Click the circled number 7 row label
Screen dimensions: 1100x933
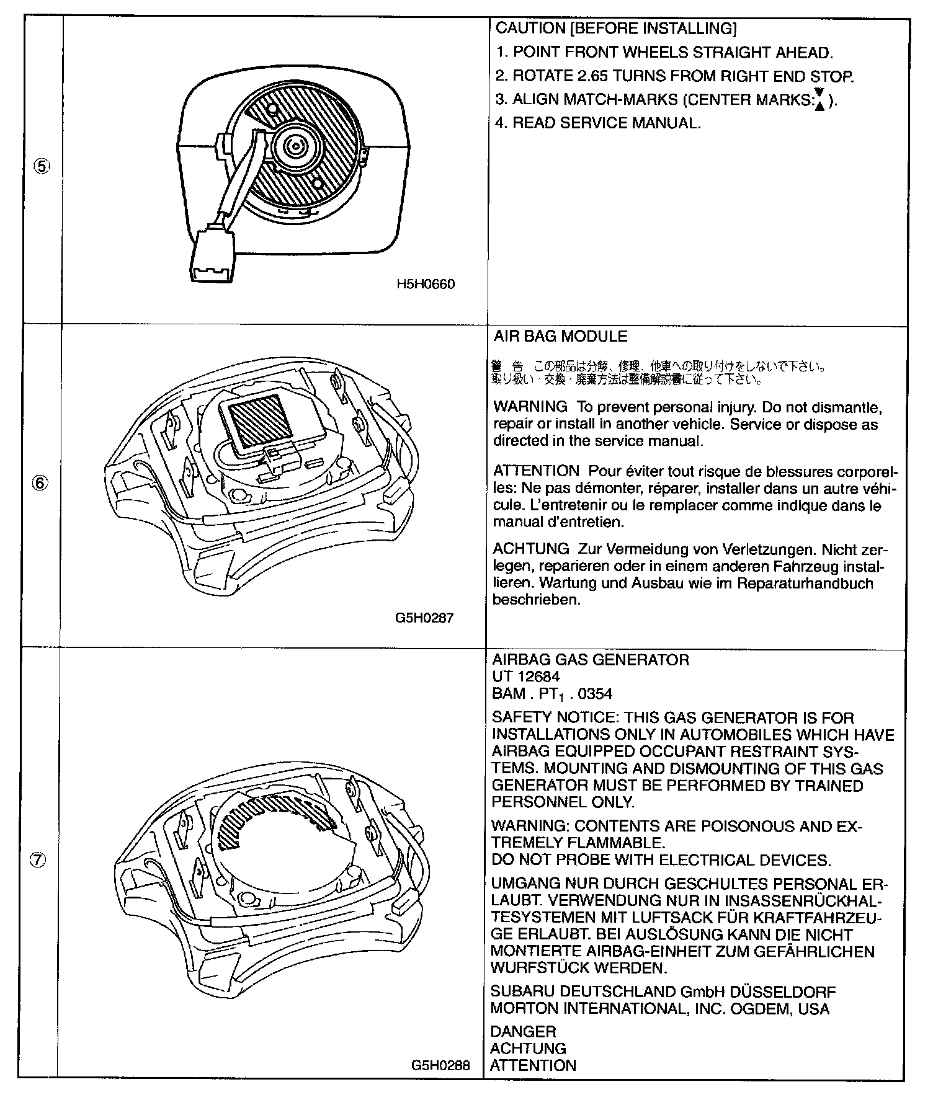[38, 859]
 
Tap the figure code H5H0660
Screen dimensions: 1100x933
[426, 285]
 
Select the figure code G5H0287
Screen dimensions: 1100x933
[424, 618]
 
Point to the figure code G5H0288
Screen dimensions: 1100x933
[440, 1065]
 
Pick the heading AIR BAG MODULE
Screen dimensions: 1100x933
[560, 337]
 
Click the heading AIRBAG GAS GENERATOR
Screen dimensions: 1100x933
[590, 660]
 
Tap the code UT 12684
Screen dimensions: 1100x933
[525, 676]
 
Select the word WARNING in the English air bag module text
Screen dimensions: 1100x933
[530, 407]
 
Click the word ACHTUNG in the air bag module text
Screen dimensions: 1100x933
[530, 549]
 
